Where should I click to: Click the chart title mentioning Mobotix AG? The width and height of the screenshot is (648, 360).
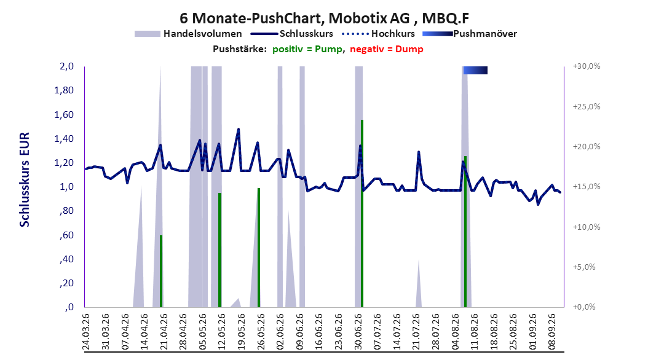[x=324, y=18]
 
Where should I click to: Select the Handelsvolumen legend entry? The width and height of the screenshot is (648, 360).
[x=188, y=34]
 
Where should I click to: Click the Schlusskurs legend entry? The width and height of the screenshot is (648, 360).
[x=292, y=34]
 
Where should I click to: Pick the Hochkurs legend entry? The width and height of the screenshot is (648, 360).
[x=379, y=34]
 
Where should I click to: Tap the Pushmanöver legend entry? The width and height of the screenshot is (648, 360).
[x=470, y=34]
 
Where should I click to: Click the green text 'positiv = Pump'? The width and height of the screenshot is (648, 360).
[x=307, y=49]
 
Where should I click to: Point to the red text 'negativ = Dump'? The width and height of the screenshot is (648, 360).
[x=387, y=49]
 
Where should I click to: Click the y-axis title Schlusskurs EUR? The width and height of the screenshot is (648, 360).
[x=25, y=179]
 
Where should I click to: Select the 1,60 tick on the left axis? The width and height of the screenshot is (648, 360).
[x=64, y=114]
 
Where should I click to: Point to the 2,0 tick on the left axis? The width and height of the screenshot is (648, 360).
[x=66, y=66]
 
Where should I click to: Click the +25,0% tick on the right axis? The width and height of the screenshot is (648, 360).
[x=587, y=106]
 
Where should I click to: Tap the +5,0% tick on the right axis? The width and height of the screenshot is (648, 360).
[x=584, y=267]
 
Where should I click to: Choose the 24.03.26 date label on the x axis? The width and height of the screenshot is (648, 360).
[x=86, y=332]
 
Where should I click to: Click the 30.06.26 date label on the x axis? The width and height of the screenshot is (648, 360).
[x=358, y=332]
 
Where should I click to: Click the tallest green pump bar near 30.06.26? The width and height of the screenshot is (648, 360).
[x=362, y=213]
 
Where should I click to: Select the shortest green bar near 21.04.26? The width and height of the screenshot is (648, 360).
[x=161, y=272]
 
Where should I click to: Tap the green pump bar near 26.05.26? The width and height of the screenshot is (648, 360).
[x=259, y=248]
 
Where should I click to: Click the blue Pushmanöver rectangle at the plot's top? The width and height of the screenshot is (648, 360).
[x=475, y=70]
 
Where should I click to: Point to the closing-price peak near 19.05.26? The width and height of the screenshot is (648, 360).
[x=238, y=129]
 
